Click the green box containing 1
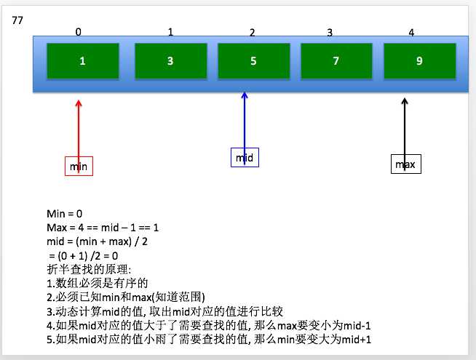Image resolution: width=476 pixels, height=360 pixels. (82, 61)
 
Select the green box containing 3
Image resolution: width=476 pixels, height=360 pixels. (170, 61)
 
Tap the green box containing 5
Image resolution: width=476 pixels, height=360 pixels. (253, 61)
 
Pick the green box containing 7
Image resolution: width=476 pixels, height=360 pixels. (336, 61)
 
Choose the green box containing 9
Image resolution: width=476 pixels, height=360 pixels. (419, 61)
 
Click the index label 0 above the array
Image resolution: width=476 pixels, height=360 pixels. (79, 32)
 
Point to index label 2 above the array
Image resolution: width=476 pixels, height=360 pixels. (252, 33)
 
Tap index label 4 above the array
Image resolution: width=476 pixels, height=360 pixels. (411, 33)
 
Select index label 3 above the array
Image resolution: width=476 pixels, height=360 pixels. (330, 33)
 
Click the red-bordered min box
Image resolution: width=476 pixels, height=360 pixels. (79, 167)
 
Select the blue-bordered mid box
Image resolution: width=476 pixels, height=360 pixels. (245, 157)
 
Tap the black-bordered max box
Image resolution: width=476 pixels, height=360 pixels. (405, 164)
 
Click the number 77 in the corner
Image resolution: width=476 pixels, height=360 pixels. (18, 20)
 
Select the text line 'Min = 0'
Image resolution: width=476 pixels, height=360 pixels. (65, 213)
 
